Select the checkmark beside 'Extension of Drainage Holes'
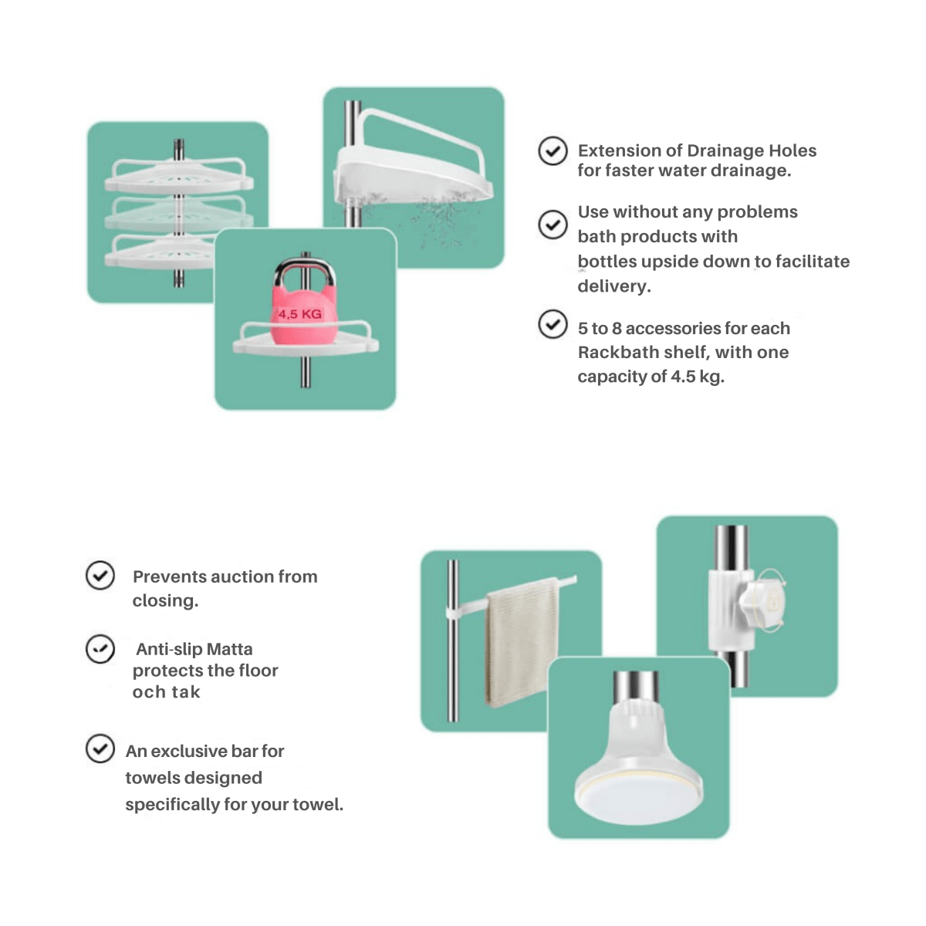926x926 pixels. [x=553, y=151]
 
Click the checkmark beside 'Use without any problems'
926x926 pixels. [x=553, y=225]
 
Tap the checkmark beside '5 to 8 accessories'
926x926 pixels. [x=553, y=324]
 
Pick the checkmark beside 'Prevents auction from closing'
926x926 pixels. [x=100, y=575]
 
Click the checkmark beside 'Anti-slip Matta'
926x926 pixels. [x=100, y=649]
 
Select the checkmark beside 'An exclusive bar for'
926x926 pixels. [x=100, y=749]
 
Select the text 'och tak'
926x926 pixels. [x=166, y=692]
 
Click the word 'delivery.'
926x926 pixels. [x=614, y=286]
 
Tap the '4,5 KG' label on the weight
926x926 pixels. [x=300, y=314]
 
